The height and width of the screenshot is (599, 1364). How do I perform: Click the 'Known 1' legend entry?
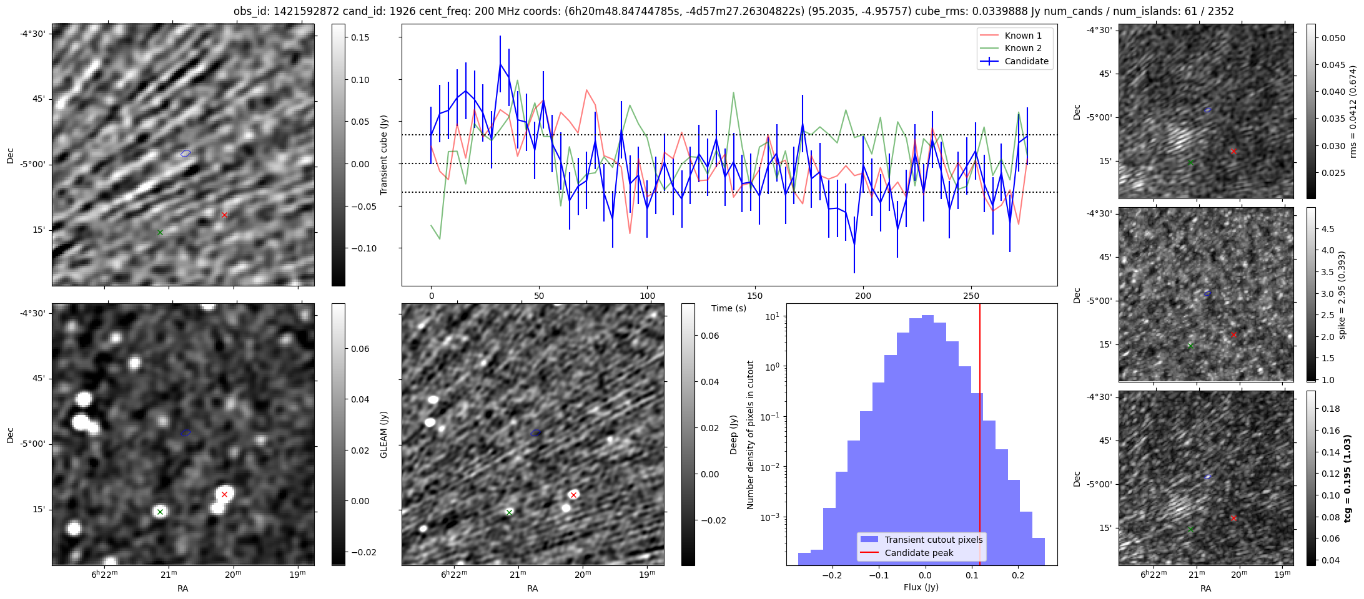pyautogui.click(x=1022, y=36)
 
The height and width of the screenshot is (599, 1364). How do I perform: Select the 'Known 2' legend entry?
pyautogui.click(x=1022, y=48)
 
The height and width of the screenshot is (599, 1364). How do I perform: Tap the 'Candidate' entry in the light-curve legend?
pyautogui.click(x=1026, y=61)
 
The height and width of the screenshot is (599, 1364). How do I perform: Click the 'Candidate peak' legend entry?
pyautogui.click(x=919, y=553)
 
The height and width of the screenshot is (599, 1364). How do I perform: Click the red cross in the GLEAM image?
pyautogui.click(x=224, y=495)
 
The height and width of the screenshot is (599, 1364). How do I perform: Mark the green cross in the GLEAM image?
pyautogui.click(x=160, y=512)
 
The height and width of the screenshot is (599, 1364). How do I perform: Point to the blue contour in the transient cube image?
pyautogui.click(x=185, y=153)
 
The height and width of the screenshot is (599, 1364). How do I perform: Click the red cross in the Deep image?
pyautogui.click(x=573, y=495)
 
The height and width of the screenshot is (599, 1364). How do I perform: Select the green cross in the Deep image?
pyautogui.click(x=509, y=512)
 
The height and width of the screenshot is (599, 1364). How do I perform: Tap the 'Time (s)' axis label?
pyautogui.click(x=729, y=308)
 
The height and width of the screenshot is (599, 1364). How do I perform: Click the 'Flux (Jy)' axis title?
pyautogui.click(x=921, y=587)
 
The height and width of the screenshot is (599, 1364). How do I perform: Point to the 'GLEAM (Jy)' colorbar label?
pyautogui.click(x=383, y=434)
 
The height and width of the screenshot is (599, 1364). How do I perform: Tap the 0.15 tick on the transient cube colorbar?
pyautogui.click(x=360, y=37)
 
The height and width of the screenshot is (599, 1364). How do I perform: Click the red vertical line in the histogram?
pyautogui.click(x=980, y=437)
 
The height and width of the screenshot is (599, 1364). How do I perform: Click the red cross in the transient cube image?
pyautogui.click(x=224, y=215)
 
